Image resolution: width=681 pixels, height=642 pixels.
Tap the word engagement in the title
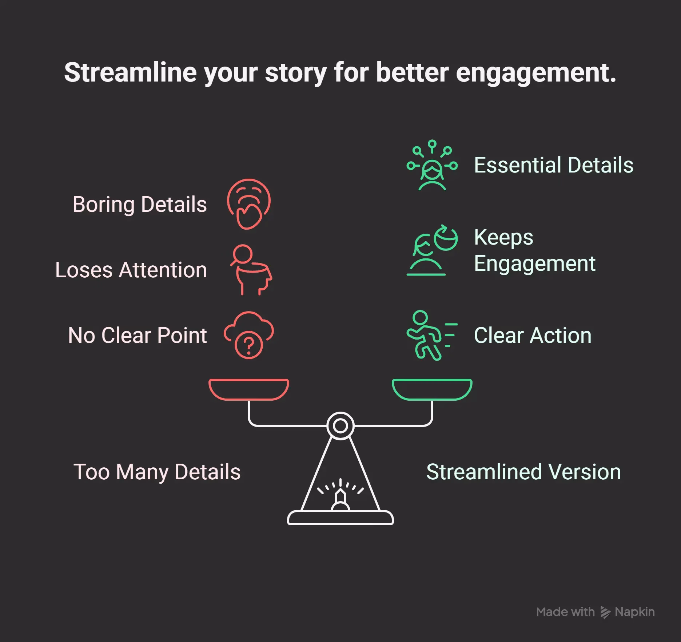[535, 73]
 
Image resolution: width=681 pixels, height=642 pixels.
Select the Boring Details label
[140, 204]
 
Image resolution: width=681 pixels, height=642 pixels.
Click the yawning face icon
[249, 204]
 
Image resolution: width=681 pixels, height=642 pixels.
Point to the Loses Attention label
[131, 270]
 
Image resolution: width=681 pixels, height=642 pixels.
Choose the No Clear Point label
[138, 335]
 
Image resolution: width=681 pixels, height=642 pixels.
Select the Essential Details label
[553, 165]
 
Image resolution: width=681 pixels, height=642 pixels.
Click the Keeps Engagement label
[534, 250]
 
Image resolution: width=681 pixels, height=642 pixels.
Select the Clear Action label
[533, 335]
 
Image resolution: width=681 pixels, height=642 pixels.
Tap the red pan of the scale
[249, 389]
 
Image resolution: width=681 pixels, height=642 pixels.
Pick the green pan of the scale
[432, 389]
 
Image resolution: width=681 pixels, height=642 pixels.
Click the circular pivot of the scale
[340, 425]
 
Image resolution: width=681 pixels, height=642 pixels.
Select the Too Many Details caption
[157, 472]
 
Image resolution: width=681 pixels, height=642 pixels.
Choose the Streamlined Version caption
[523, 472]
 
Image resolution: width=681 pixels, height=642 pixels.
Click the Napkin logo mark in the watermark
[605, 613]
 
